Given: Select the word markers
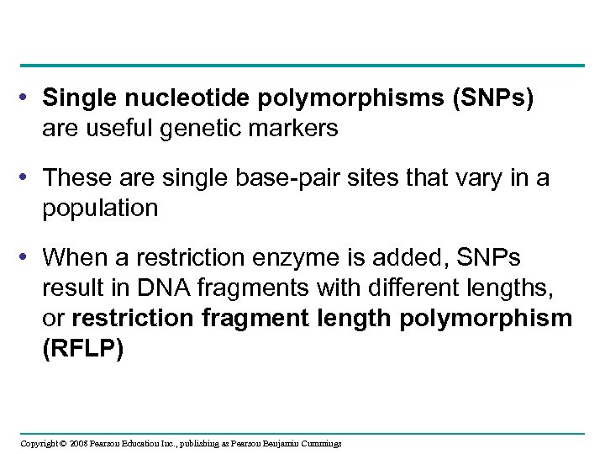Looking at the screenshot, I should [x=291, y=129].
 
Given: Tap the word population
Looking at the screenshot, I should [x=100, y=208].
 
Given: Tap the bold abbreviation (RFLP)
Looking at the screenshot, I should [x=83, y=349].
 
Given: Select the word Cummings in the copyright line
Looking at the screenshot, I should [x=318, y=443].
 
